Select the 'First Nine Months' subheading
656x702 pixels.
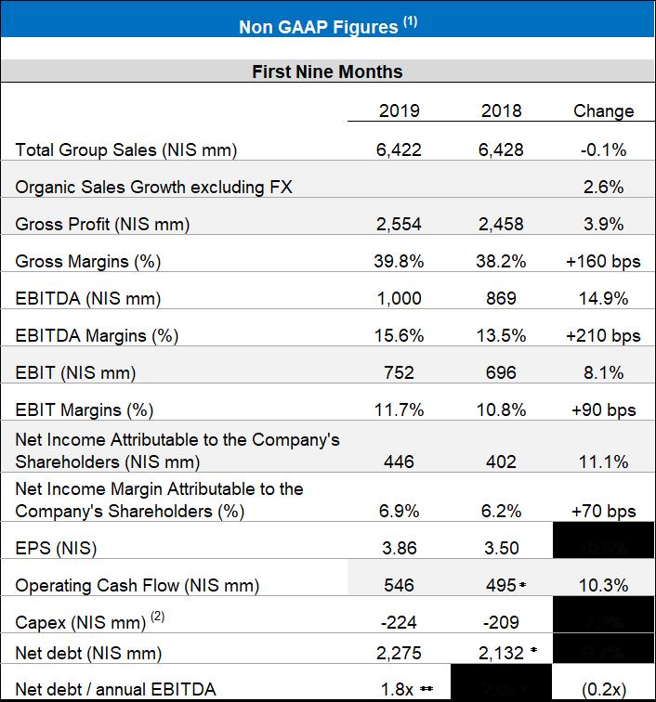327,71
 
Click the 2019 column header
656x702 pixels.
400,111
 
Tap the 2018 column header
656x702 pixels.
502,111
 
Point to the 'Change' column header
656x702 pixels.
603,111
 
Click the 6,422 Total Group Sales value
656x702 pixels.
400,149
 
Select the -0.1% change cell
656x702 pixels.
603,149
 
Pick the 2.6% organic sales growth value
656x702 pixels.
603,187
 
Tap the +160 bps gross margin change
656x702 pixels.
603,261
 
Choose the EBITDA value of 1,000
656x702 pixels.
400,298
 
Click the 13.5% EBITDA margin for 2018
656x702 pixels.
502,335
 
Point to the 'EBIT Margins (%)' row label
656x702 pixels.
85,409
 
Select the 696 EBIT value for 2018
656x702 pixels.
502,372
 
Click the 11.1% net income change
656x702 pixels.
603,461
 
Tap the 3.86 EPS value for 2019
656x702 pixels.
400,548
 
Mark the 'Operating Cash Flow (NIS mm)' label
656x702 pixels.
138,585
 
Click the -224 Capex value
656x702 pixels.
400,622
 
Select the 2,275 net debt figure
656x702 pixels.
400,654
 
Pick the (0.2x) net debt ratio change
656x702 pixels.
603,688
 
